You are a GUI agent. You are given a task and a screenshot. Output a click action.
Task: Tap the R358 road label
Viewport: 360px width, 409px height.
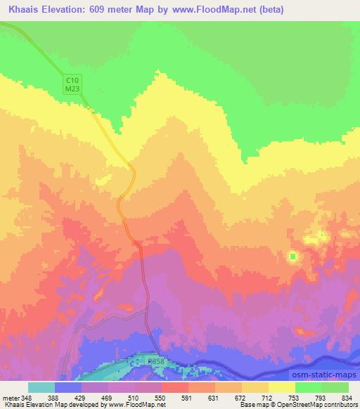point(156,361)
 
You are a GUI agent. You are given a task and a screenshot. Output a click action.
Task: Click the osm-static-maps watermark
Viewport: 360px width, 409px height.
point(326,376)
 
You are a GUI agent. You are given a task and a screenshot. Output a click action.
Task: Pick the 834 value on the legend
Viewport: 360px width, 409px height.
point(347,398)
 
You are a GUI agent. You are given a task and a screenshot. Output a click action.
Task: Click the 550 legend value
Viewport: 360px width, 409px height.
point(161,398)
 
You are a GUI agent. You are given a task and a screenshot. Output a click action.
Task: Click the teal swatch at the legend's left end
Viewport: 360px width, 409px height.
point(41,387)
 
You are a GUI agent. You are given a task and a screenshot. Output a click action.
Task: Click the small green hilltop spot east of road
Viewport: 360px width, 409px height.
point(292,257)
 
